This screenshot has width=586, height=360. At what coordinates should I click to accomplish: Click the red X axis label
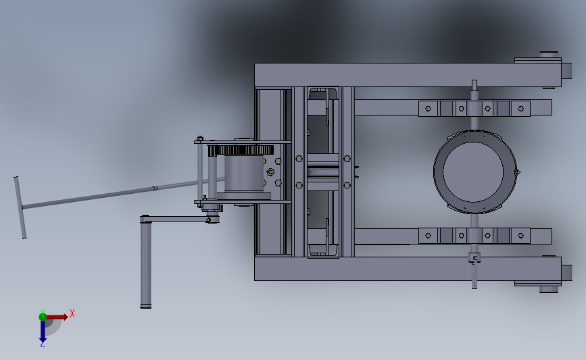click(x=72, y=313)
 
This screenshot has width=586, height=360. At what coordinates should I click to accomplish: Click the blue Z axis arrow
click(x=43, y=331)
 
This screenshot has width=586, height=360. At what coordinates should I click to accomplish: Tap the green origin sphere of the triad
click(x=43, y=317)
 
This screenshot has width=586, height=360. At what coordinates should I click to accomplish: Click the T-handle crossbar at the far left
click(x=20, y=207)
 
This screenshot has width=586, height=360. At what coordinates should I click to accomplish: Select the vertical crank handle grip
click(x=146, y=263)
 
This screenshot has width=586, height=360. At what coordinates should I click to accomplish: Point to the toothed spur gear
click(x=241, y=150)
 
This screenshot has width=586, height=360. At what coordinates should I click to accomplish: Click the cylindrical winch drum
click(x=244, y=174)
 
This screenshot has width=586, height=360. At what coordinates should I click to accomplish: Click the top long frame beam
click(x=408, y=75)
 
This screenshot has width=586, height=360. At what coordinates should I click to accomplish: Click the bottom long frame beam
click(x=408, y=269)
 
